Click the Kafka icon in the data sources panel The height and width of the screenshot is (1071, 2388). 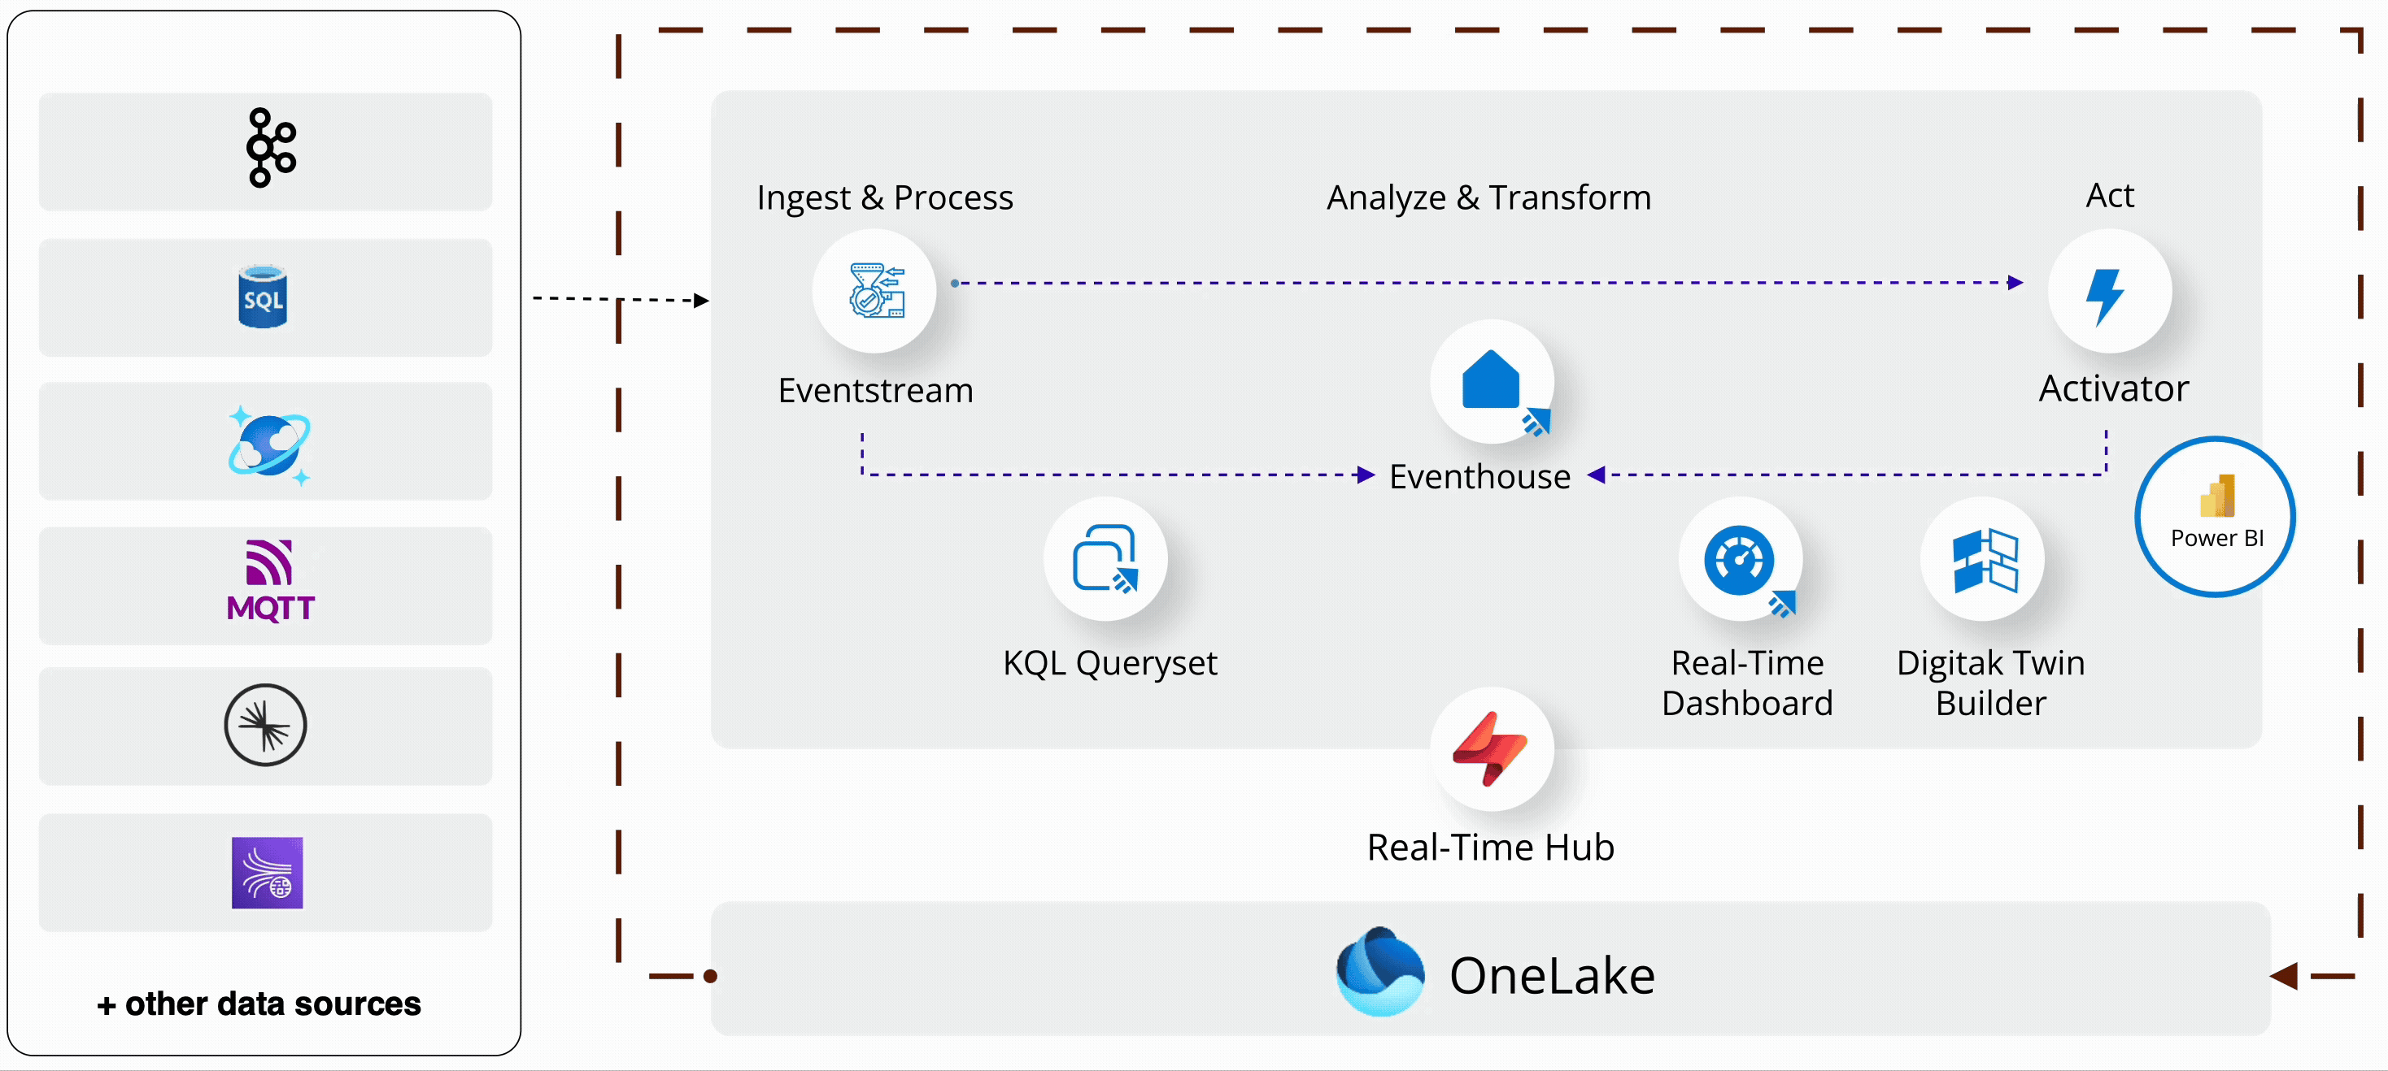coord(270,148)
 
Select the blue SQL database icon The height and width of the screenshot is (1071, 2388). coord(264,297)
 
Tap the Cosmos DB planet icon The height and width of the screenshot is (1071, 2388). coord(269,444)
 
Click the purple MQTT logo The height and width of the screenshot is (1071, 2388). coord(270,581)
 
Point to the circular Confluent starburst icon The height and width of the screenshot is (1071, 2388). coord(265,725)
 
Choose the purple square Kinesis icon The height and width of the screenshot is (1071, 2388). coord(267,873)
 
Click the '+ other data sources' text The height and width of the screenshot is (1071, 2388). coord(259,1004)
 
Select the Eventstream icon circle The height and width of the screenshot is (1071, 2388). coord(874,290)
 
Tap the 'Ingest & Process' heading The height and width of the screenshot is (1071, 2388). coord(884,197)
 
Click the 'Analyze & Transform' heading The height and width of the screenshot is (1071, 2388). coord(1488,197)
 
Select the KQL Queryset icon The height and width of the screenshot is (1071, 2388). coord(1105,559)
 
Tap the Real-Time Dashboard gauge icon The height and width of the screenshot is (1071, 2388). coord(1740,561)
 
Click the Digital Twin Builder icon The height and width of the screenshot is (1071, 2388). coord(1984,561)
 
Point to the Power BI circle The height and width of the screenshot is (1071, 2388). coord(2216,516)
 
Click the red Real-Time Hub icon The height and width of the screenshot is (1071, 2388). coord(1491,748)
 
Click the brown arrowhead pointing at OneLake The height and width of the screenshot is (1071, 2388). coord(2284,976)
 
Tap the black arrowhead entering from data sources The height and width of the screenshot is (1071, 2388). coord(702,300)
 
